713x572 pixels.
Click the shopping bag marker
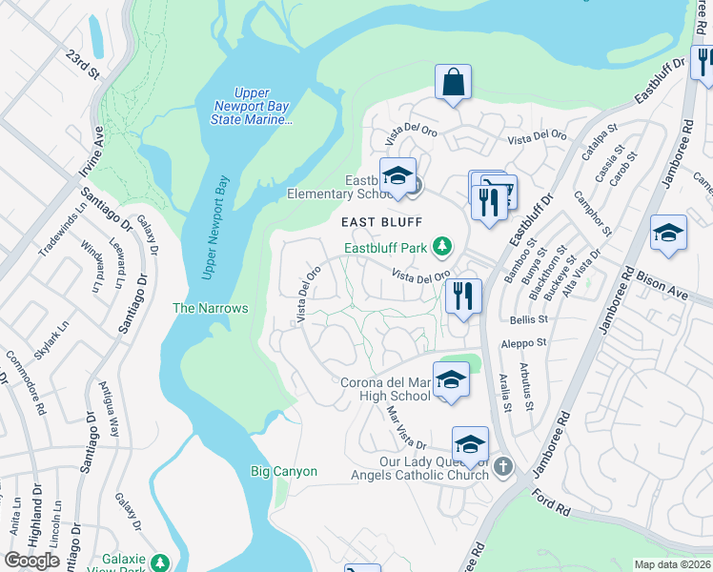tap(454, 83)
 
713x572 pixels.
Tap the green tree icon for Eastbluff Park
tap(442, 248)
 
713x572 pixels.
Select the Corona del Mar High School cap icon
tap(451, 381)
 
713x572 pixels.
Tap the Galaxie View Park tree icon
tap(160, 562)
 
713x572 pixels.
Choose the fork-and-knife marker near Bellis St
tap(463, 296)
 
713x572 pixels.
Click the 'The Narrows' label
tap(210, 308)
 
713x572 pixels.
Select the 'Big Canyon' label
tap(283, 472)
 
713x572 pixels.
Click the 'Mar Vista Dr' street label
tap(404, 428)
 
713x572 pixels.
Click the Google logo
tap(32, 561)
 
